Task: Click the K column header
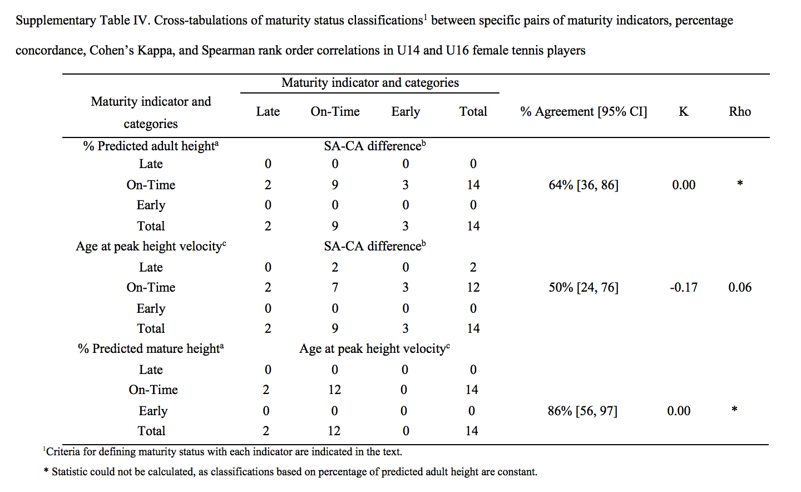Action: pyautogui.click(x=683, y=112)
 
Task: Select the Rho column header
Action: pyautogui.click(x=740, y=112)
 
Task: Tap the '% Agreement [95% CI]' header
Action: pyautogui.click(x=584, y=112)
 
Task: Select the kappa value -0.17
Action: pyautogui.click(x=683, y=287)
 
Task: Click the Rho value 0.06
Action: pyautogui.click(x=740, y=287)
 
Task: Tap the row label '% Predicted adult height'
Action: pyautogui.click(x=151, y=146)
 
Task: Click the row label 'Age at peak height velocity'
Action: pyautogui.click(x=151, y=246)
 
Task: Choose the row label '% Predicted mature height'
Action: pyautogui.click(x=151, y=348)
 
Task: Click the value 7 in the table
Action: pyautogui.click(x=335, y=287)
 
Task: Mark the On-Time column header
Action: pyautogui.click(x=335, y=112)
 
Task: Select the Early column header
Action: pyautogui.click(x=406, y=112)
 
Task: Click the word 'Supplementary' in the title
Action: pyautogui.click(x=56, y=21)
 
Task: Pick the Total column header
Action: pyautogui.click(x=473, y=112)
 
